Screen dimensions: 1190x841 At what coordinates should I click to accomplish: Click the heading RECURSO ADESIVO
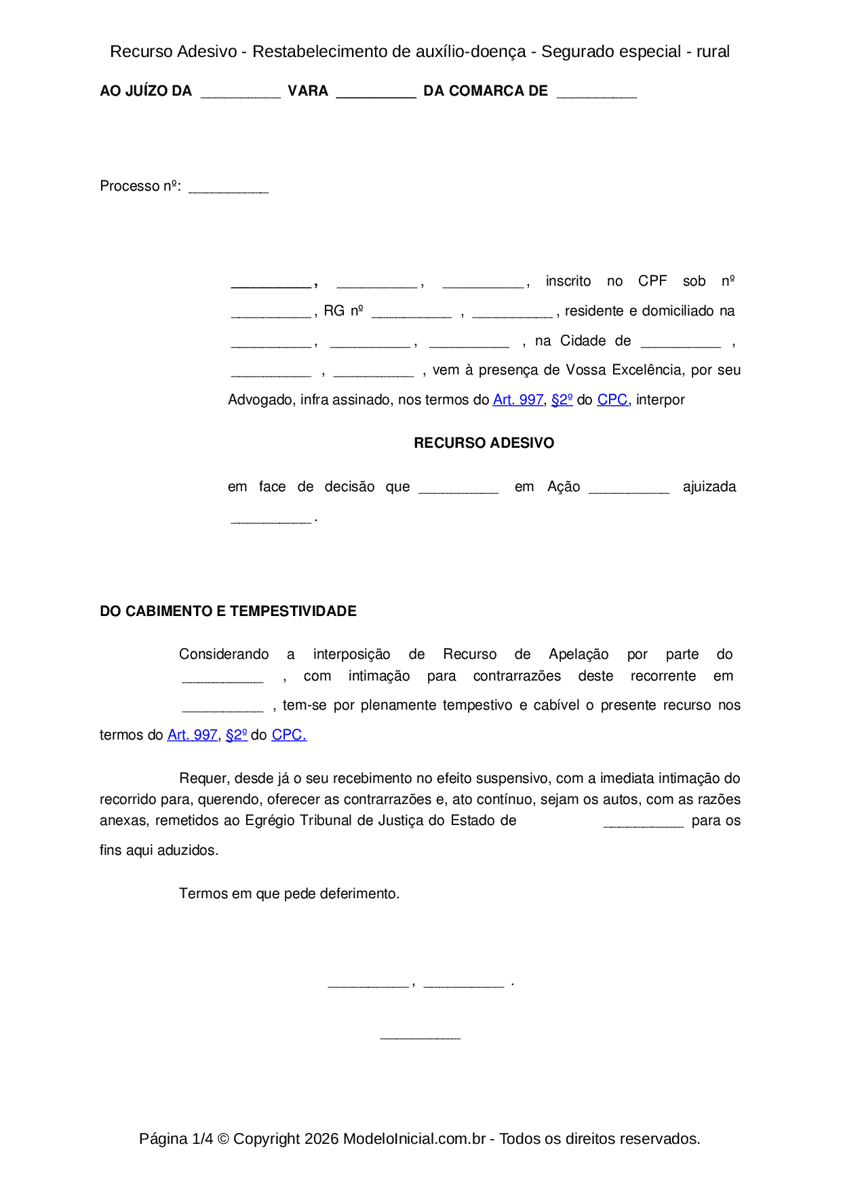click(484, 443)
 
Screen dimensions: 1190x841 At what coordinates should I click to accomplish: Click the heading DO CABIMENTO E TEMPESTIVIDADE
click(228, 611)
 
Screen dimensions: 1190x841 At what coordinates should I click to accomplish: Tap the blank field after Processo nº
click(229, 188)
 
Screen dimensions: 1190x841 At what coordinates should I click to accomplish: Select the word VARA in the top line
click(308, 91)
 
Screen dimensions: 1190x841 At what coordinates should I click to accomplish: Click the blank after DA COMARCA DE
click(596, 93)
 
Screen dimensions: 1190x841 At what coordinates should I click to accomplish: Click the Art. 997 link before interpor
click(517, 400)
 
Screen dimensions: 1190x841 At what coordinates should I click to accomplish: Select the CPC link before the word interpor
click(612, 400)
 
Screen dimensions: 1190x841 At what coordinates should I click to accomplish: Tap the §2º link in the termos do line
click(236, 735)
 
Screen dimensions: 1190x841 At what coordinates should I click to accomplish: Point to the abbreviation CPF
click(652, 282)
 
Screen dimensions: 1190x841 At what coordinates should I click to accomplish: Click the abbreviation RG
click(334, 311)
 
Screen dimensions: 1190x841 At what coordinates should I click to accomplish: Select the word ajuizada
click(709, 487)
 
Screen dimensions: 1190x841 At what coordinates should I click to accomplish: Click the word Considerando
click(224, 655)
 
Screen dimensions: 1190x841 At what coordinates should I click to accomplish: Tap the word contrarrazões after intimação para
click(517, 676)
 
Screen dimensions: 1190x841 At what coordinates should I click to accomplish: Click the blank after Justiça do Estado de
click(643, 822)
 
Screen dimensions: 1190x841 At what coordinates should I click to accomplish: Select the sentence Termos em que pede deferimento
click(289, 894)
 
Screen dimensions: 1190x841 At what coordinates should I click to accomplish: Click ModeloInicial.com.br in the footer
click(414, 1139)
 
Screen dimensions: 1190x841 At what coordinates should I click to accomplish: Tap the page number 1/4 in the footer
click(202, 1139)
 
